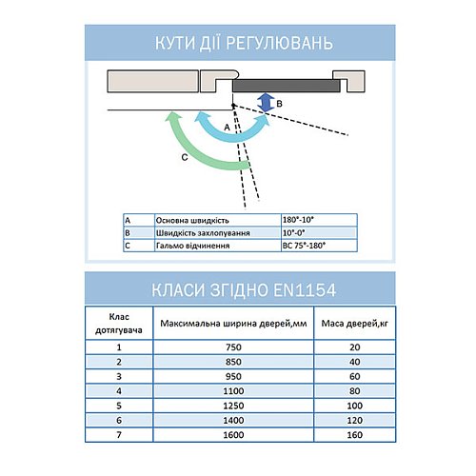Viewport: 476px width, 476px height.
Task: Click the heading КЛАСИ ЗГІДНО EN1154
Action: coord(238,288)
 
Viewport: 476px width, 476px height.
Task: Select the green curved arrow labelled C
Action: coord(195,152)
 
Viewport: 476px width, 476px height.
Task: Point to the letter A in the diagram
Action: coord(227,126)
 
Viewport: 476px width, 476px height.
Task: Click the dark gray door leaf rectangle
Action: coord(286,85)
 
